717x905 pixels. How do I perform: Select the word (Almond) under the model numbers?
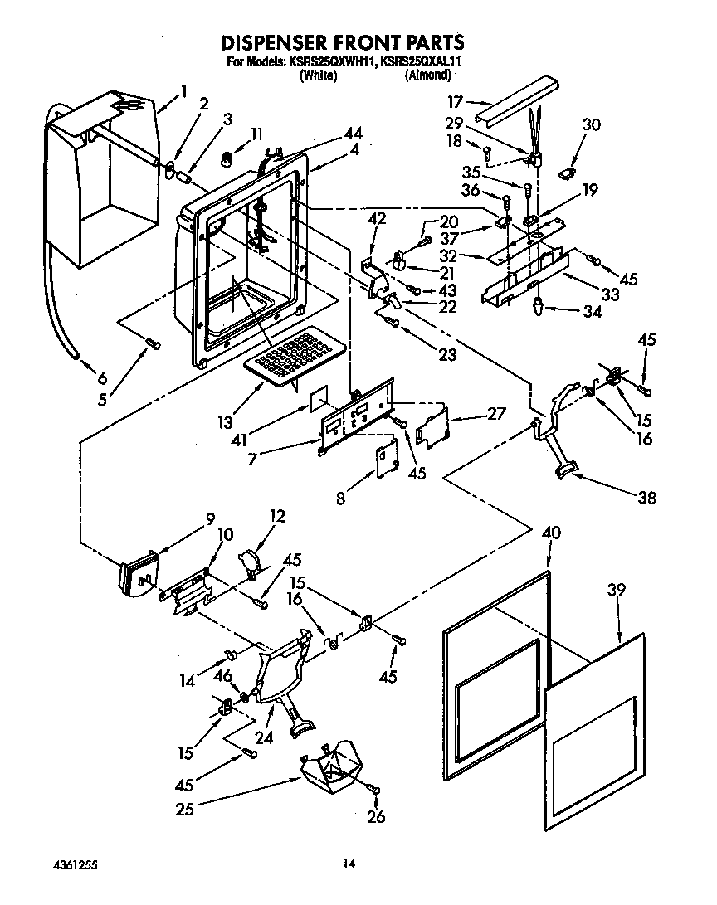click(427, 75)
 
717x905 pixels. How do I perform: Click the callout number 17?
click(455, 103)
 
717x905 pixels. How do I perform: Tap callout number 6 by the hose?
click(102, 377)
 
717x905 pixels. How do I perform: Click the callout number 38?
click(646, 498)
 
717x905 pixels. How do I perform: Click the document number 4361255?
click(74, 864)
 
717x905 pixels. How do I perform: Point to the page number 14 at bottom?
click(349, 864)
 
